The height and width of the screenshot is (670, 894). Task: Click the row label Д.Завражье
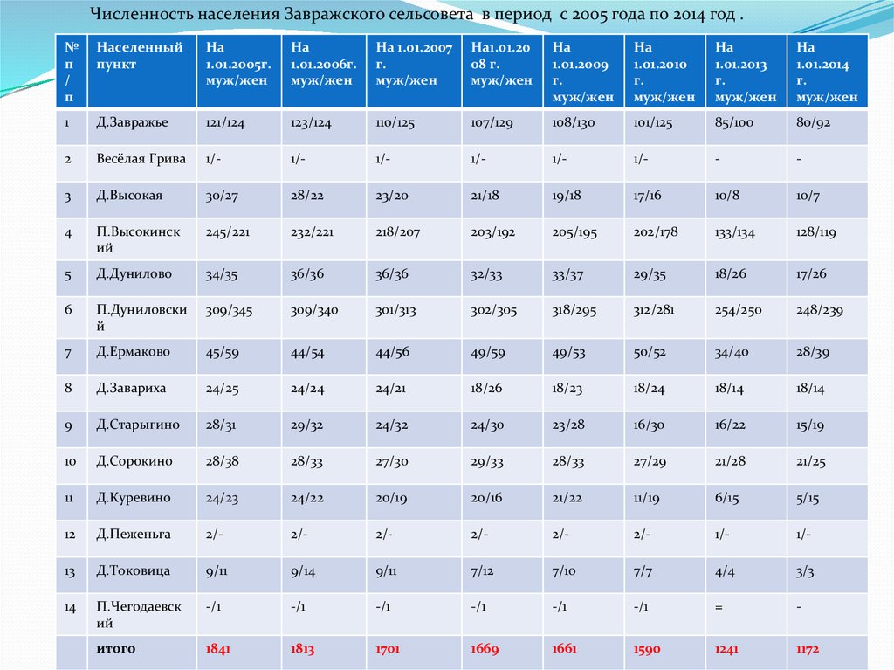coord(133,123)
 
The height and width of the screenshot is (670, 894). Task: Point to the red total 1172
coord(810,650)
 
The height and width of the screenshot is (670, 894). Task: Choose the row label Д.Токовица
coord(133,571)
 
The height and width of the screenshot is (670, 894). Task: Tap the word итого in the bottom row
coord(116,649)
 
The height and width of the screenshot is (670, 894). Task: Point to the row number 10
coord(70,461)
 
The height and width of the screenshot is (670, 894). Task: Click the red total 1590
coord(647,650)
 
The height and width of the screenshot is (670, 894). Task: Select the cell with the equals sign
coord(719,604)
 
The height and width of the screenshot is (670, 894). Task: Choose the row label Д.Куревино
coord(134,498)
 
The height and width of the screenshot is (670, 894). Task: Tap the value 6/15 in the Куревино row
coord(727,498)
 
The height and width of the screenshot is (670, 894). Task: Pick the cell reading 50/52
coord(650,352)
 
